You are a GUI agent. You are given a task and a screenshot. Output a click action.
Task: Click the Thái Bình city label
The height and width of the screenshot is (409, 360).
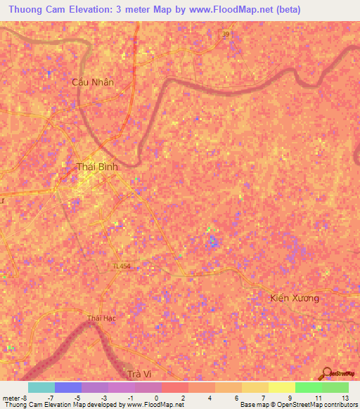click(x=97, y=167)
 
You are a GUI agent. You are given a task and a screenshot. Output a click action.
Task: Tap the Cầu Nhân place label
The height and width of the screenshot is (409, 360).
click(x=93, y=82)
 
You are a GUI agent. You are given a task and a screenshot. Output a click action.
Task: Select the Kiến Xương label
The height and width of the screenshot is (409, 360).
click(x=295, y=298)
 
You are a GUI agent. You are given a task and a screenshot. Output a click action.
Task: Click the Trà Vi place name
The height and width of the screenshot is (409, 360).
click(x=141, y=374)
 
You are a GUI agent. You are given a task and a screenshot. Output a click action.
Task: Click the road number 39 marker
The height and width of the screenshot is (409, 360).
click(x=225, y=34)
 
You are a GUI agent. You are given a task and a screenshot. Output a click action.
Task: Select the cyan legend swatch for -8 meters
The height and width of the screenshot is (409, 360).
click(x=41, y=387)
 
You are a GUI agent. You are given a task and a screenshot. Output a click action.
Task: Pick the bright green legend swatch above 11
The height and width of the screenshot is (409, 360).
click(x=308, y=387)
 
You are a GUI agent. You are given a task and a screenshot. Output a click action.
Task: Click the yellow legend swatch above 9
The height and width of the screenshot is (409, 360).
click(x=281, y=387)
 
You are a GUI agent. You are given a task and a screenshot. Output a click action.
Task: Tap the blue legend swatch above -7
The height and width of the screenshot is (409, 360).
click(x=67, y=387)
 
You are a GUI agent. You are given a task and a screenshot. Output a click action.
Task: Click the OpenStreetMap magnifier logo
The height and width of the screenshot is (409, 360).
click(x=326, y=372)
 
